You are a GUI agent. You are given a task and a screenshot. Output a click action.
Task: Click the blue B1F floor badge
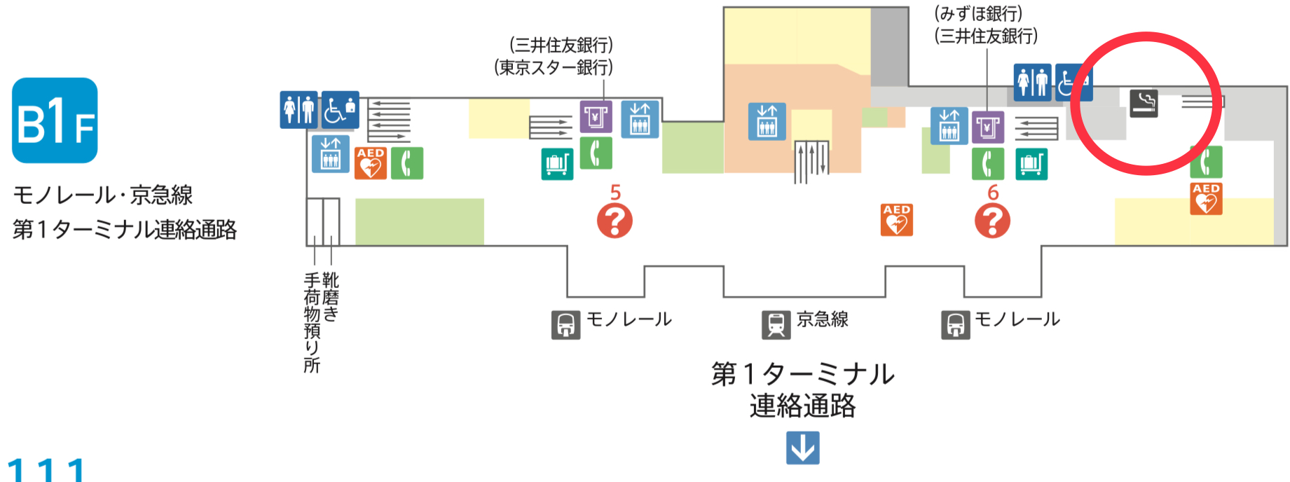(x=55, y=120)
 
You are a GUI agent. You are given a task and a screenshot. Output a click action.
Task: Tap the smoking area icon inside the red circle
(x=1144, y=103)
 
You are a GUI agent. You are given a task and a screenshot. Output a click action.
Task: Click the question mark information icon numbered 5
(x=615, y=221)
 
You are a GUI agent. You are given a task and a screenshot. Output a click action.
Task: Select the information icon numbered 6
(x=992, y=221)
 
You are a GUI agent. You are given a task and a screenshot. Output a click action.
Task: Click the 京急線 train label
(x=822, y=319)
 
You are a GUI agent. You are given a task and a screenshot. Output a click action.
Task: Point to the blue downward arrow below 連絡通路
(x=802, y=448)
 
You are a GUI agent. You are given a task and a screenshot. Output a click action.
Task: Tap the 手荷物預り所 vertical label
(x=312, y=323)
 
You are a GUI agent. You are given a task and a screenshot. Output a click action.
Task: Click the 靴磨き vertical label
(x=330, y=297)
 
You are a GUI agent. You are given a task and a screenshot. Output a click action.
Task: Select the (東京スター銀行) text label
(x=554, y=67)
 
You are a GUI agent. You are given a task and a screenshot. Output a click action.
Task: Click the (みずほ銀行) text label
(x=978, y=13)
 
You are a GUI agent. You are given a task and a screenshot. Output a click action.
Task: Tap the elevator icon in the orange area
(x=767, y=120)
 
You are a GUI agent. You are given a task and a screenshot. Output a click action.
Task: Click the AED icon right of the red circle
(x=1206, y=198)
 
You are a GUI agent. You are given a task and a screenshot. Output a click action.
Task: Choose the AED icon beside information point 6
(x=896, y=219)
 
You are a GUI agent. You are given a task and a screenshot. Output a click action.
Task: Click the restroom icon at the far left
(x=299, y=109)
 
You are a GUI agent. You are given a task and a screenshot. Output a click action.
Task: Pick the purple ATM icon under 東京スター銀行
(x=596, y=116)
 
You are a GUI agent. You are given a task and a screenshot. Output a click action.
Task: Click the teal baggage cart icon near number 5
(x=557, y=164)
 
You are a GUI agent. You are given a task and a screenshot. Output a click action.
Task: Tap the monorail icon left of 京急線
(x=565, y=325)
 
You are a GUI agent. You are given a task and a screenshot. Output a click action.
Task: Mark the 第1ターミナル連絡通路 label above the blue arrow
(x=803, y=390)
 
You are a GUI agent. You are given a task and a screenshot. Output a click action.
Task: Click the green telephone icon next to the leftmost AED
(x=406, y=163)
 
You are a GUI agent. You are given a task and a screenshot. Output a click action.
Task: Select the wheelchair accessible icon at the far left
(x=341, y=109)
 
